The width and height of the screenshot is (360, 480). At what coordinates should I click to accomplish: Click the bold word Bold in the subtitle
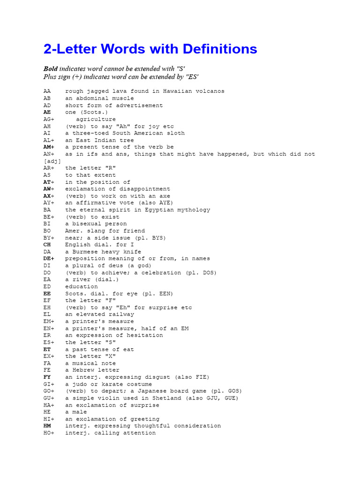coord(51,69)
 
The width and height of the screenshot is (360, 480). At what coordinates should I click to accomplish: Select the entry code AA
coord(47,91)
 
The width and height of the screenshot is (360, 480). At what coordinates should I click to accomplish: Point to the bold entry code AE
coord(47,112)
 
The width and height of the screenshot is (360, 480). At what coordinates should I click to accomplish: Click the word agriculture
coord(96,120)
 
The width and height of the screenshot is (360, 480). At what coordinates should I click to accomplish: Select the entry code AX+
coord(49,196)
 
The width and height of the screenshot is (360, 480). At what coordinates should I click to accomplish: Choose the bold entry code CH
coord(47,245)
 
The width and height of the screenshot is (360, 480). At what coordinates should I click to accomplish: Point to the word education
coord(82,286)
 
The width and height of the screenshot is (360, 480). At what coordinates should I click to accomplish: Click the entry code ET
coord(47,349)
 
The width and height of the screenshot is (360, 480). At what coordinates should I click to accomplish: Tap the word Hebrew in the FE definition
coord(83,370)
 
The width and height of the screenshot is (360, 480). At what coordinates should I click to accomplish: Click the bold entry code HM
coord(47,426)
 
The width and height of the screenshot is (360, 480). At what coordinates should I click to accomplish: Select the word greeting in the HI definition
coord(145,419)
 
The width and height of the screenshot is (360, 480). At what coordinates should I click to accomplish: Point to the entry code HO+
coord(49,433)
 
